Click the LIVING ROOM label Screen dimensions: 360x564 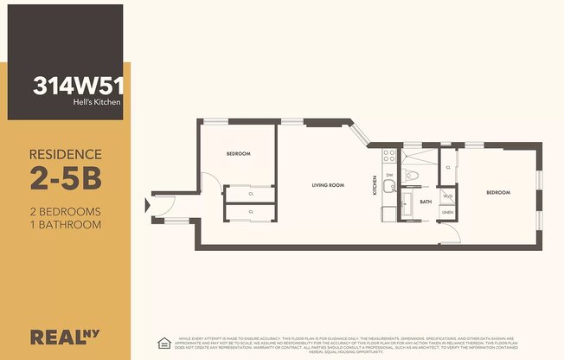tap(328, 184)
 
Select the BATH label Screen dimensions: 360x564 tap(426, 201)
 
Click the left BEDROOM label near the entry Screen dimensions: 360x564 tap(238, 153)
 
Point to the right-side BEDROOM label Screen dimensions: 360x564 tap(497, 192)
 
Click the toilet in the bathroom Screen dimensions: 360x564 tap(413, 175)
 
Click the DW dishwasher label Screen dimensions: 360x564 tap(389, 175)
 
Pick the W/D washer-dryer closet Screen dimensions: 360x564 tap(447, 196)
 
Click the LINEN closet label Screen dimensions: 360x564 tap(447, 212)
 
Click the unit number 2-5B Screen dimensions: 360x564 tap(65, 179)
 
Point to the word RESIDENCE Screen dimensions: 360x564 tap(66, 154)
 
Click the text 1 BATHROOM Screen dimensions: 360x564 tap(66, 224)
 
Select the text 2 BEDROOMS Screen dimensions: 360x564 tap(66, 211)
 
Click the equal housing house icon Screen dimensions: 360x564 tap(163, 342)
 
